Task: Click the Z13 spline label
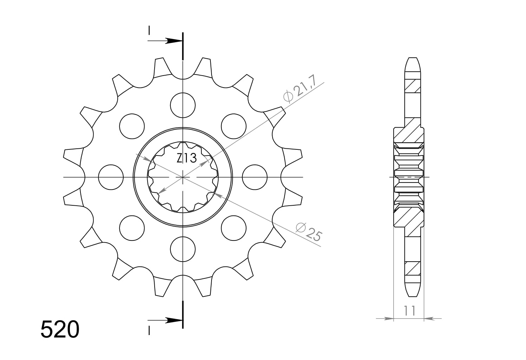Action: [x=186, y=159]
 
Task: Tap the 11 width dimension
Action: [x=409, y=311]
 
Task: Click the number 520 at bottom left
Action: [x=60, y=329]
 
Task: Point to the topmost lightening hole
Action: [x=183, y=105]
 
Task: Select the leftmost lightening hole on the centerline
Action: [x=111, y=177]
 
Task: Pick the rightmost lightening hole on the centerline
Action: [x=255, y=177]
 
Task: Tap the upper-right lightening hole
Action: [x=234, y=126]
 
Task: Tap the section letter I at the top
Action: [x=149, y=30]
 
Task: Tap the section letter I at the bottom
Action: [x=149, y=330]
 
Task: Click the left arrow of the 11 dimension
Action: [x=388, y=319]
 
